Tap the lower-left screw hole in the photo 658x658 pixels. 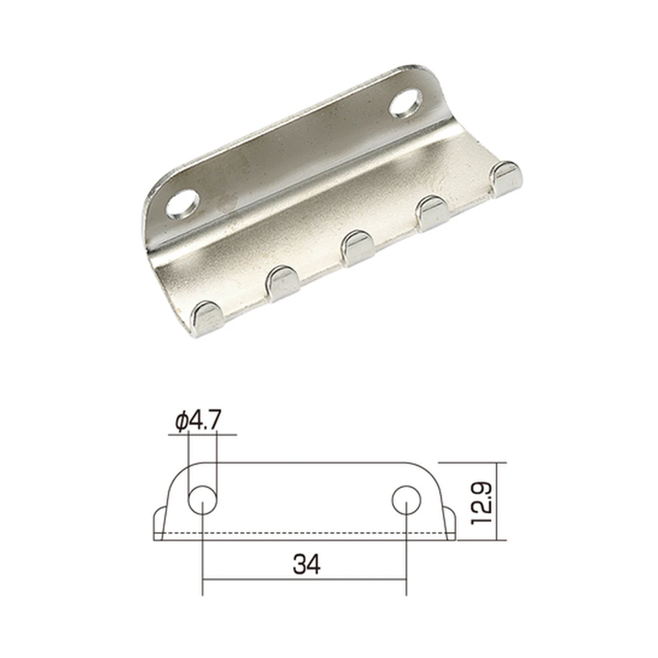(x=183, y=205)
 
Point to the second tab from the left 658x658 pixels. (x=281, y=283)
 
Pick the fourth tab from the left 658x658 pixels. (x=432, y=213)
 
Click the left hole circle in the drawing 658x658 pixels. (x=202, y=501)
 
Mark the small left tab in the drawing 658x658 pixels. (x=159, y=523)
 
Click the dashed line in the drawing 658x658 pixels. (x=305, y=534)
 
